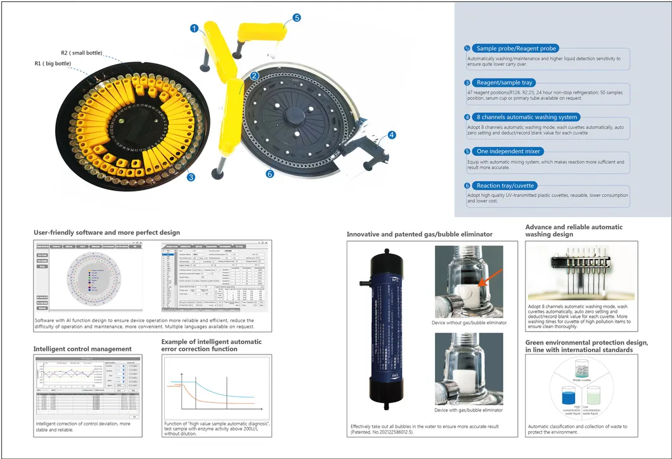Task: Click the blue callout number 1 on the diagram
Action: [x=195, y=28]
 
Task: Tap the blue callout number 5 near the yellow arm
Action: [x=297, y=18]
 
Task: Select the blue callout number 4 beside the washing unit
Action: [x=392, y=135]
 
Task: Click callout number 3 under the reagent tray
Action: [x=190, y=178]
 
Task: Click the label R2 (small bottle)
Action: [x=81, y=53]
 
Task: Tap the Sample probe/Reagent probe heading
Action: [x=516, y=48]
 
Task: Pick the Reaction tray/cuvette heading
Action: [x=505, y=185]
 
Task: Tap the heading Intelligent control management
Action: [x=82, y=349]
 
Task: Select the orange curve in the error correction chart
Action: [x=216, y=398]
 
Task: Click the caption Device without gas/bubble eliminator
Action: [x=469, y=323]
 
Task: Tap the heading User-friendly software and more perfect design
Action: [x=107, y=232]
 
